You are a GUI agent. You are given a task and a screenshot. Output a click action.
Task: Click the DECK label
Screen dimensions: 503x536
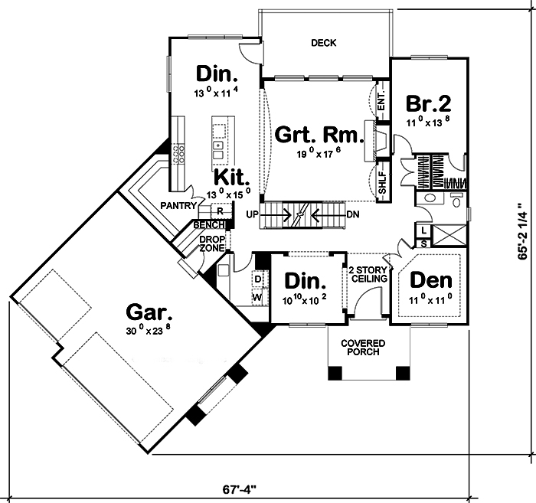[324, 43]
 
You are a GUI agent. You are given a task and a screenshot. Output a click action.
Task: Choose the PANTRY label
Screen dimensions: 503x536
[179, 205]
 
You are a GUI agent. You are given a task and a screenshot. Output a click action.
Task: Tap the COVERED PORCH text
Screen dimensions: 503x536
[364, 348]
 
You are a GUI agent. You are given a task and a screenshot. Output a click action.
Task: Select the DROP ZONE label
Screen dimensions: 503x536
[212, 243]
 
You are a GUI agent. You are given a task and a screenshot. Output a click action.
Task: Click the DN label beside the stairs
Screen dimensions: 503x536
[353, 214]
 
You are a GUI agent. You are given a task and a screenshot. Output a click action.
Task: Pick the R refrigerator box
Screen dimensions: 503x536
[219, 211]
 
